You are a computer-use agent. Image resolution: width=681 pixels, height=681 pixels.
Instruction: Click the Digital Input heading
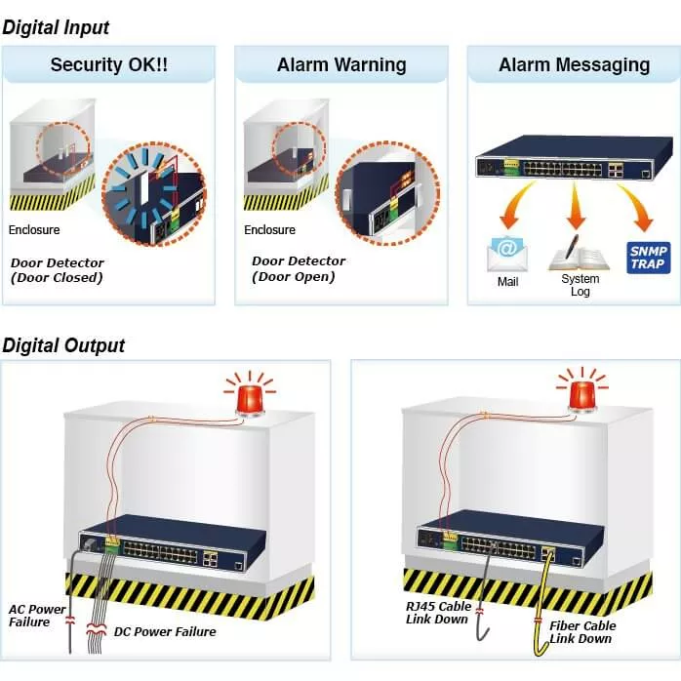57,28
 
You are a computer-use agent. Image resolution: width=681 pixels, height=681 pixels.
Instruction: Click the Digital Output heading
63,345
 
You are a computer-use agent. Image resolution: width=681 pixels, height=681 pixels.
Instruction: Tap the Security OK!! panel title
109,65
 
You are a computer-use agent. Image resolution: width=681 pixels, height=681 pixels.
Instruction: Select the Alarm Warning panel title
341,65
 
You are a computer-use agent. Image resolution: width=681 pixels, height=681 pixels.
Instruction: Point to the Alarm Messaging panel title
574,65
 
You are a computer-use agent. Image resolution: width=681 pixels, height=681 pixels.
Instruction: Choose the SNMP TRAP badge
648,257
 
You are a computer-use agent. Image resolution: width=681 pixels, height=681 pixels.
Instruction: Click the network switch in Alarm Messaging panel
573,167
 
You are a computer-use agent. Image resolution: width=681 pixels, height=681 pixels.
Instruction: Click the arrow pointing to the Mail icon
513,210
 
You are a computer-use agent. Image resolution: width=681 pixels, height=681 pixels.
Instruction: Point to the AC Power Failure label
37,616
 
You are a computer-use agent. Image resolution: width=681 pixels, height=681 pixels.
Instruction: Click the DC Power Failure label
165,631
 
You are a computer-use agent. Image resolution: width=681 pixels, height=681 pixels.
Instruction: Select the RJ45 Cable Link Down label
438,613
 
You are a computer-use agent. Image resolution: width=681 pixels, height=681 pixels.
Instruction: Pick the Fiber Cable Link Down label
581,632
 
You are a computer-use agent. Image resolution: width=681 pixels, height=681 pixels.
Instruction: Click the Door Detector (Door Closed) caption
57,270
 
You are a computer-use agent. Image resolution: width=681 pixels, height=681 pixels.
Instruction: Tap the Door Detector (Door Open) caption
299,268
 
